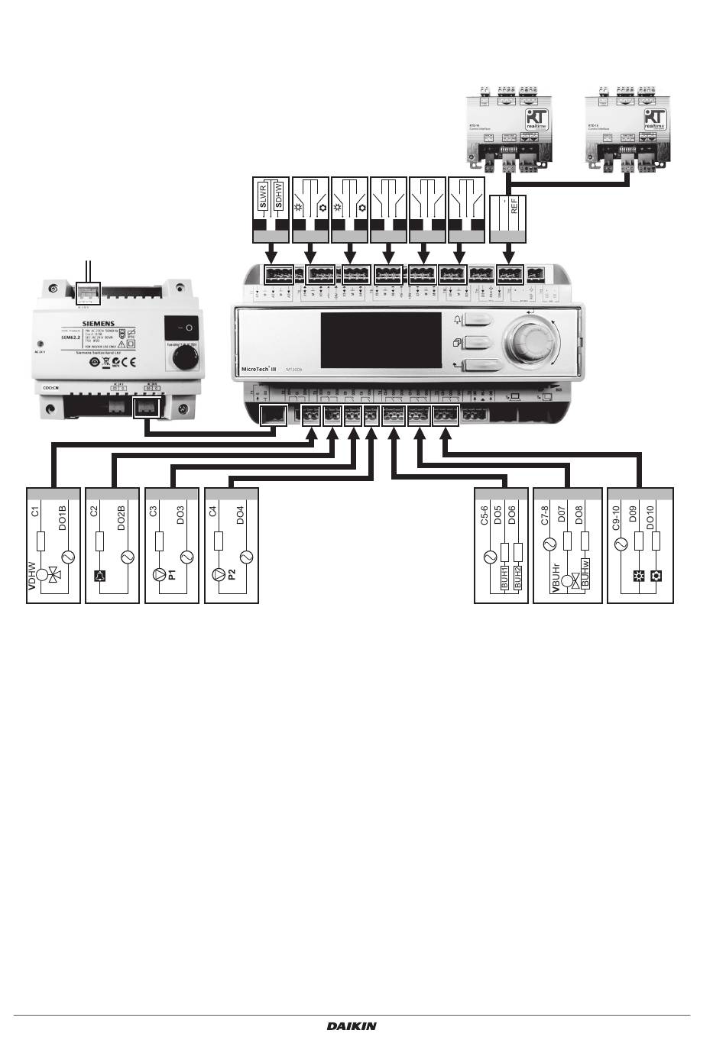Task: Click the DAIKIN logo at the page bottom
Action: (352, 1026)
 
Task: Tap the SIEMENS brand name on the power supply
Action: (98, 324)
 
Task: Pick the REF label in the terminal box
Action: (514, 205)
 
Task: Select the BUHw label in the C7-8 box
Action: (585, 573)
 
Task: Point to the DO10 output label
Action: (650, 518)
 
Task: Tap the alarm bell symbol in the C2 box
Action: (99, 576)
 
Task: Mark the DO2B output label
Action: (121, 517)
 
